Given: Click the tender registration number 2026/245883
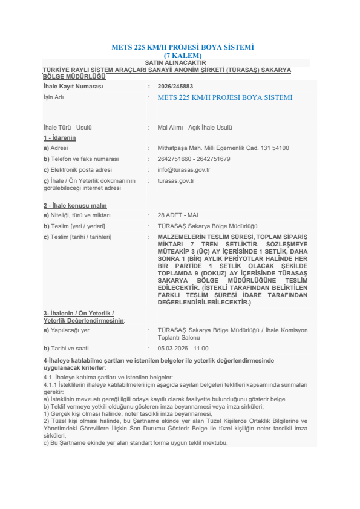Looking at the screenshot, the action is (x=175, y=87).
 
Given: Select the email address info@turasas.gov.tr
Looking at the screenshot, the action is (x=183, y=170).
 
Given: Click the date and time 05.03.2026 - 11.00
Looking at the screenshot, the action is (x=183, y=349).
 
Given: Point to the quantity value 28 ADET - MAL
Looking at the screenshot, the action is (x=178, y=215).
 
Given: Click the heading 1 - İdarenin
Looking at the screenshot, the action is (x=60, y=138).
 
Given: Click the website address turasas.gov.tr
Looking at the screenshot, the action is (x=175, y=180).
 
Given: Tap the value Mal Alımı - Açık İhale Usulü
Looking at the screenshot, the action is (x=195, y=128).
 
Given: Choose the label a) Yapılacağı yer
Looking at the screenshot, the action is (x=67, y=330).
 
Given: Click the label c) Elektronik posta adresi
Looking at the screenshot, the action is (x=77, y=170).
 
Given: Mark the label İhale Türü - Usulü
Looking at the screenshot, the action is (x=67, y=128).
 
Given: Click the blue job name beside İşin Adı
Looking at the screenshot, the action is (x=224, y=97).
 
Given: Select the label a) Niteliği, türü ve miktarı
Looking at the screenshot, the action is (x=77, y=215).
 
